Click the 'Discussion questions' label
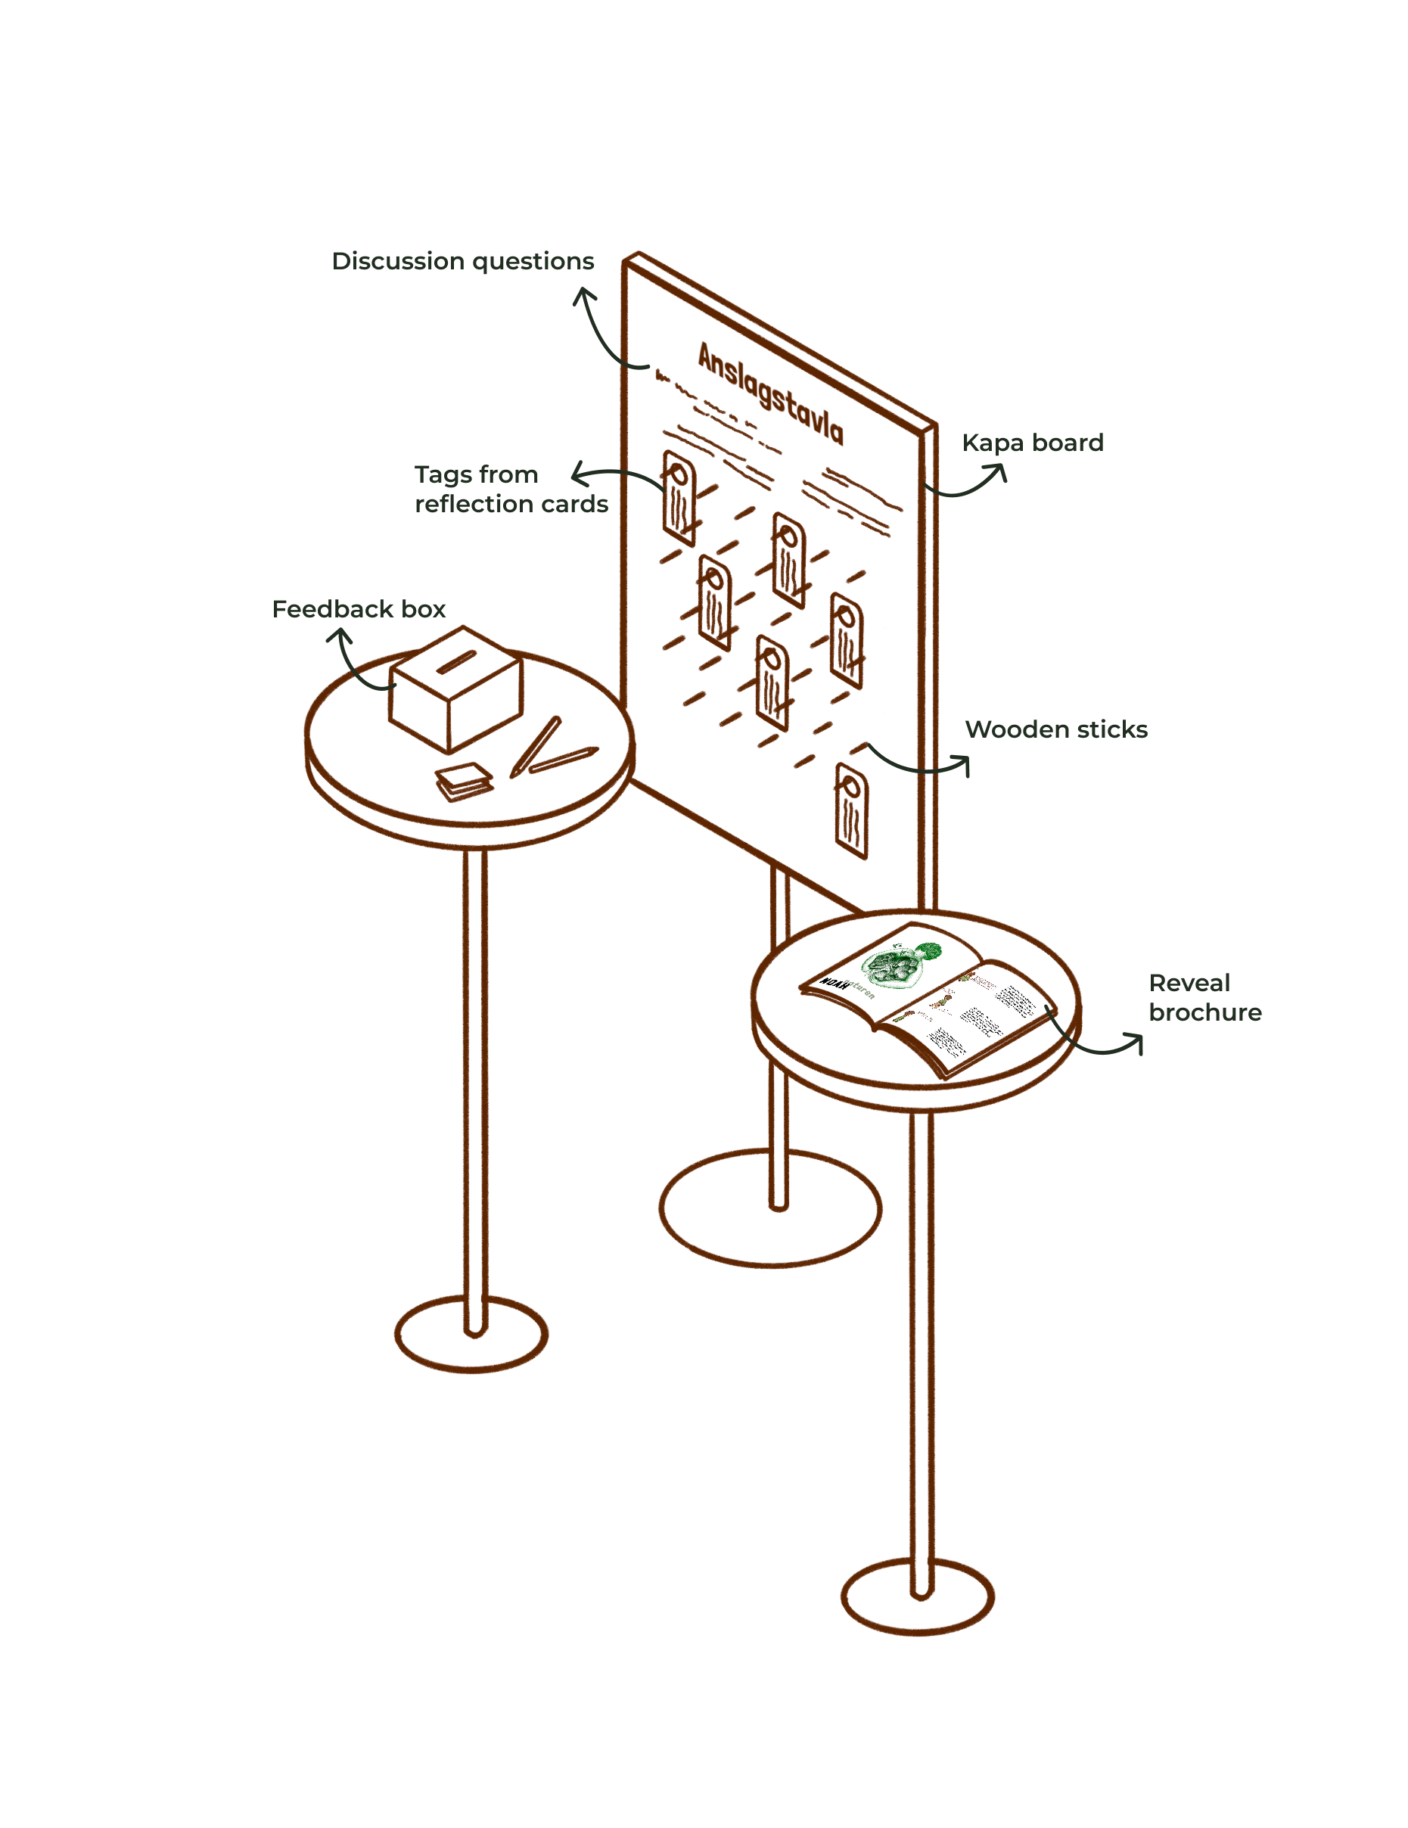click(x=463, y=261)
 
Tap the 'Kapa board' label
click(x=1032, y=443)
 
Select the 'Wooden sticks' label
click(x=1055, y=729)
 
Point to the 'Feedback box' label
click(x=359, y=609)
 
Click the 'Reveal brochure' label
click(x=1204, y=998)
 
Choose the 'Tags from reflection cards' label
click(x=511, y=489)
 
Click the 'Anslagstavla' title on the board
click(x=770, y=393)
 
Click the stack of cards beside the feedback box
click(x=463, y=781)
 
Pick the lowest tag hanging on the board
click(x=851, y=810)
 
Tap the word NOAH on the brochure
click(x=834, y=984)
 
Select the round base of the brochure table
click(x=918, y=1597)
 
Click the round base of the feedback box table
click(x=471, y=1334)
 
